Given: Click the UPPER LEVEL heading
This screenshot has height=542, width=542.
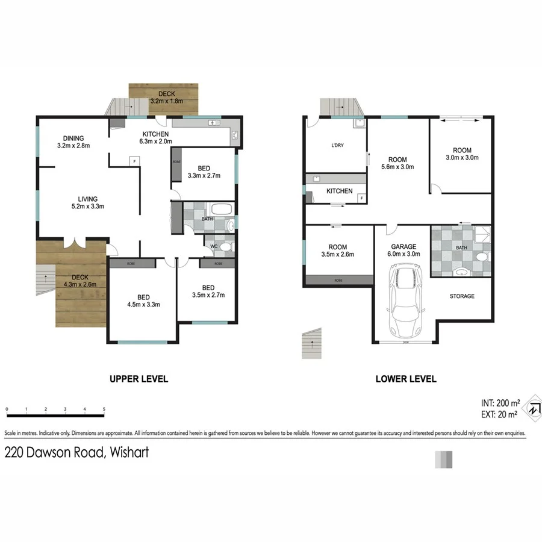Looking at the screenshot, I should tap(138, 379).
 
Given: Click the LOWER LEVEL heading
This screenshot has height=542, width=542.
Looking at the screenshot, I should tap(405, 379).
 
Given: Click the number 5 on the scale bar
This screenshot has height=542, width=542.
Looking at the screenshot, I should tap(104, 410).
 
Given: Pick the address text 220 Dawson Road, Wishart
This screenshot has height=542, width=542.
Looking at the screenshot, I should tap(76, 452).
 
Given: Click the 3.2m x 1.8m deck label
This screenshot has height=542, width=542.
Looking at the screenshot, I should tap(164, 98).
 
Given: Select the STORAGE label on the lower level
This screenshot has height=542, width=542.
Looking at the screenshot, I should tap(462, 296).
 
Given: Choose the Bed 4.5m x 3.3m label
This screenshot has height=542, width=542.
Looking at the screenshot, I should tap(143, 301).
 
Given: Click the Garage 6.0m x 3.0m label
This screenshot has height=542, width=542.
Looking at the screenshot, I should tap(403, 250).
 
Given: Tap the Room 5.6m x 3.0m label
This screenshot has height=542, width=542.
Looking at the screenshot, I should tap(397, 163).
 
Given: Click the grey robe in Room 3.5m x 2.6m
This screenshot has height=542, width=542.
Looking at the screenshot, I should tap(338, 279).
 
